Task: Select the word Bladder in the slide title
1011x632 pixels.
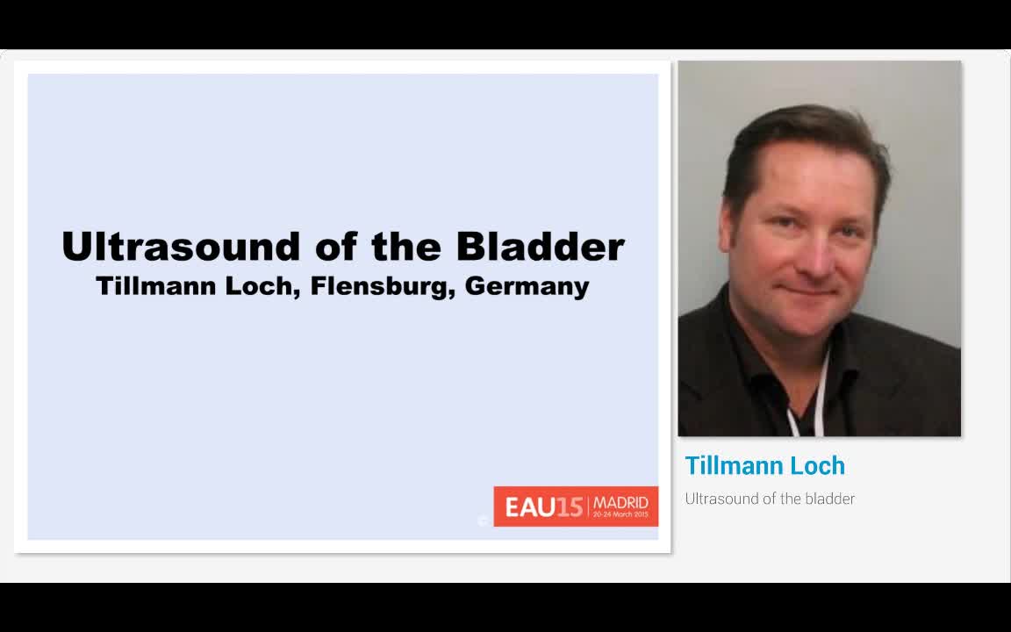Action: click(540, 247)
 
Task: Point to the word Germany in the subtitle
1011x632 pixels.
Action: click(527, 287)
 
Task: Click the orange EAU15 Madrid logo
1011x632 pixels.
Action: click(576, 506)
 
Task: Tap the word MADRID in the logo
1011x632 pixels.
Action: click(621, 502)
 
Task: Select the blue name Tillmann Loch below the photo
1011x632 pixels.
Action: click(764, 465)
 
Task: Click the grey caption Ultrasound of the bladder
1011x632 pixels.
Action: click(770, 499)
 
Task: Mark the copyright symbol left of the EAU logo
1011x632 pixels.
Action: click(483, 521)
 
